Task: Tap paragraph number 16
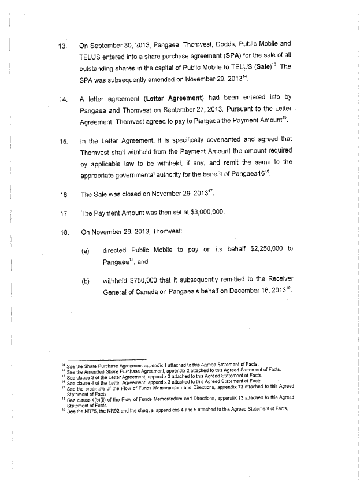point(63,194)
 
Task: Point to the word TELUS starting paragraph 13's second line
point(92,58)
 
